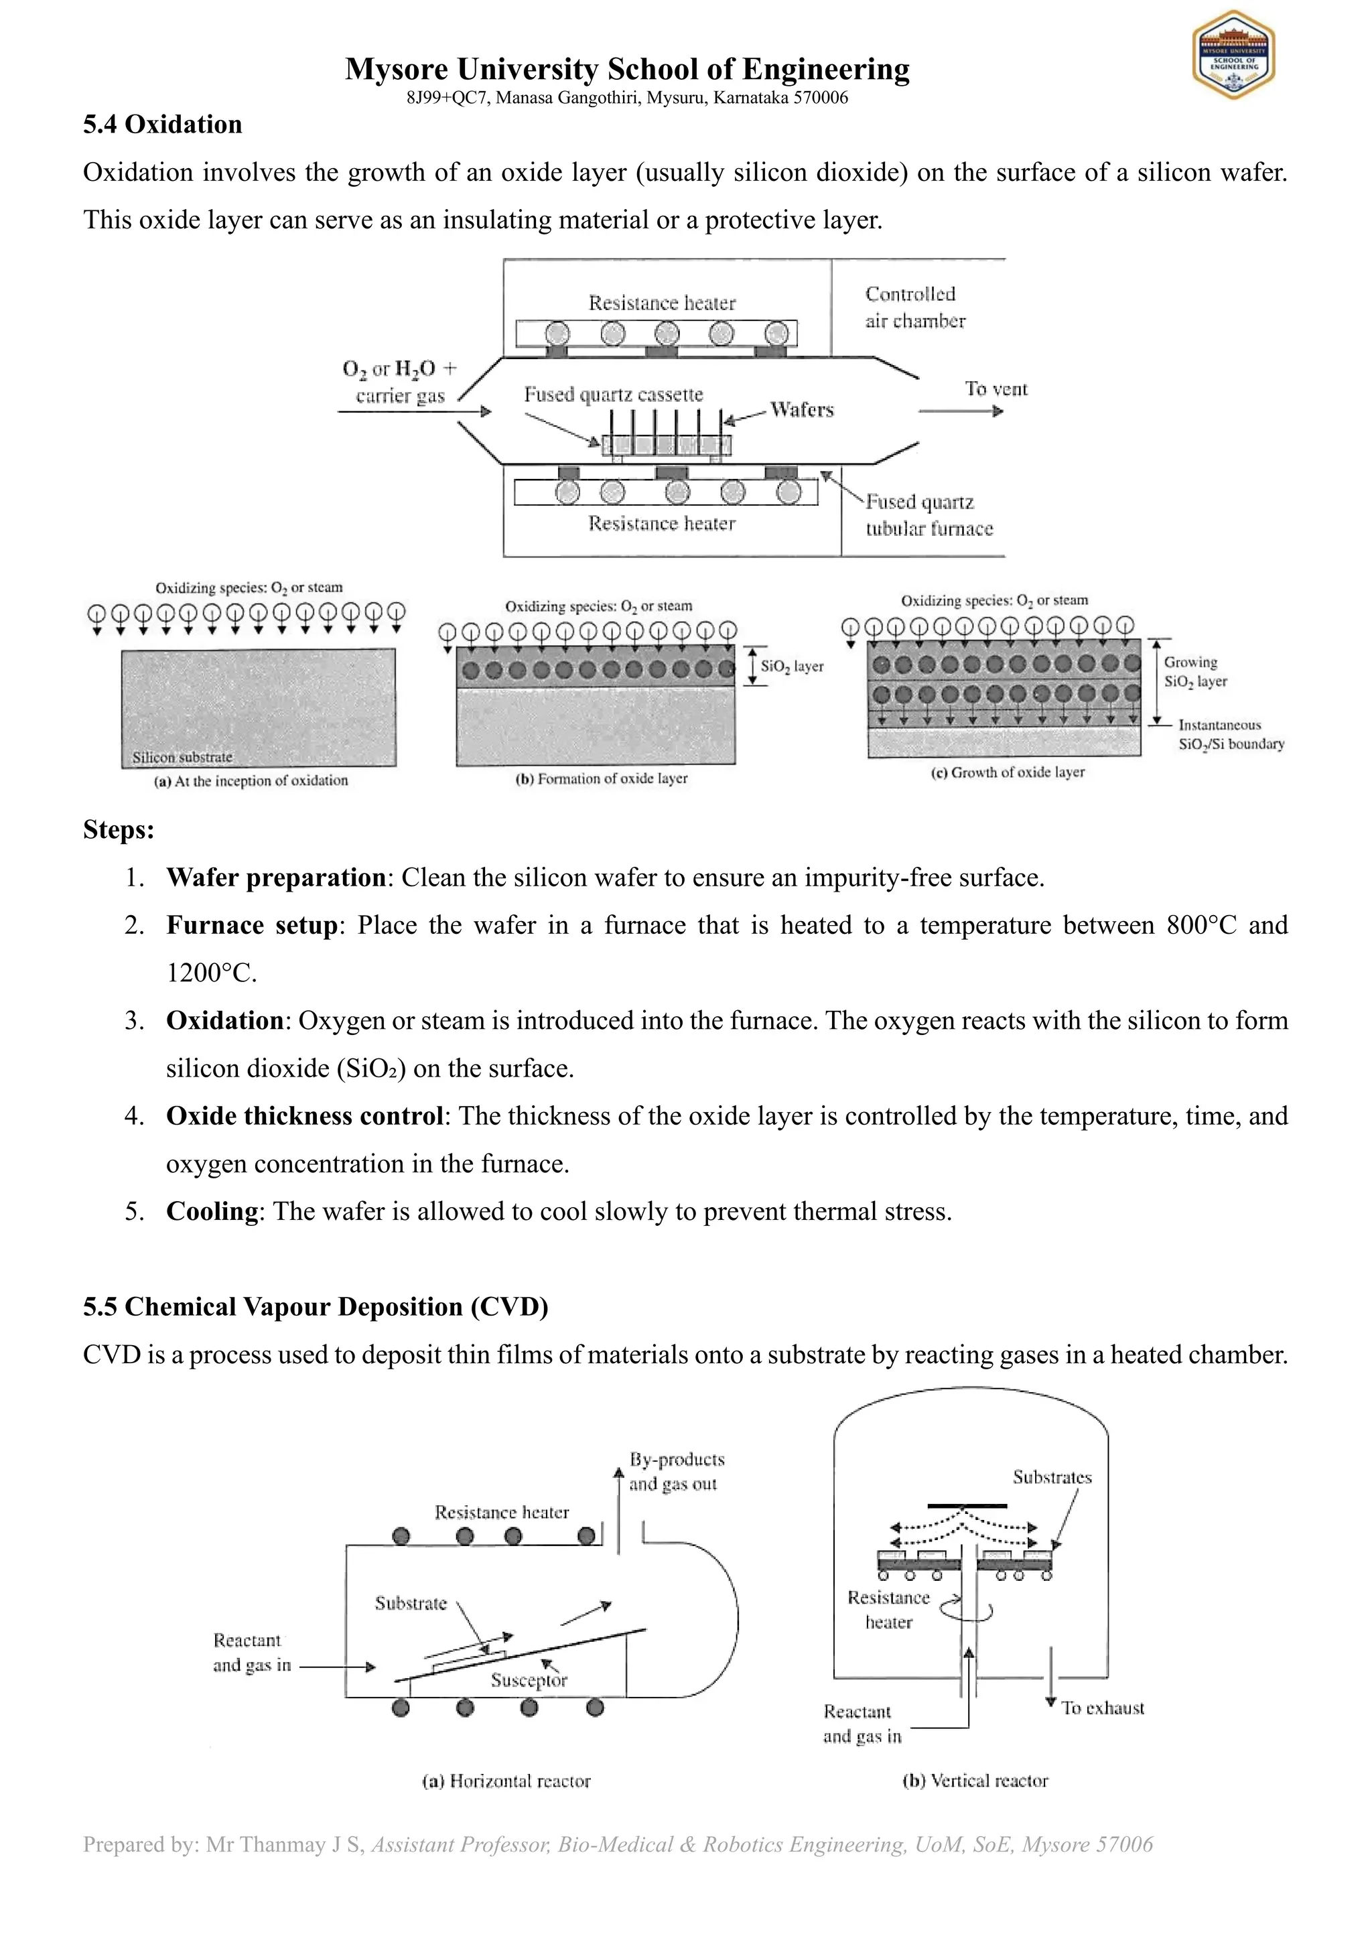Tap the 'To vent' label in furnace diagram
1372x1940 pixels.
tap(996, 389)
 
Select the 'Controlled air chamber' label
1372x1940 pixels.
tap(914, 307)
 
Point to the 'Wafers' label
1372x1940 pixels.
tap(802, 410)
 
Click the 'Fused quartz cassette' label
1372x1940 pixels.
tap(614, 395)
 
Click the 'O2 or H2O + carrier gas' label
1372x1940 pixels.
tap(399, 382)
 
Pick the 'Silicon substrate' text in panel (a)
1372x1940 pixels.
tap(182, 757)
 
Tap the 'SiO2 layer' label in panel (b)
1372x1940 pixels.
tap(792, 666)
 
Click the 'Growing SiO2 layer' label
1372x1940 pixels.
tap(1194, 672)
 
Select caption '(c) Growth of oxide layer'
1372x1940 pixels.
tap(1007, 772)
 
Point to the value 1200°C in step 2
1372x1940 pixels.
tap(211, 973)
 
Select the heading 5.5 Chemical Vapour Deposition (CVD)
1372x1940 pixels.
tap(315, 1306)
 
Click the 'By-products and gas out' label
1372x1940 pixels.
tap(676, 1471)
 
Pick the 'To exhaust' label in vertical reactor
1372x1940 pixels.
tap(1103, 1708)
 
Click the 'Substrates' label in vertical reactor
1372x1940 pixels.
tap(1052, 1477)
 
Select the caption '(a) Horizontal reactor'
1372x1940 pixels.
tap(506, 1781)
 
